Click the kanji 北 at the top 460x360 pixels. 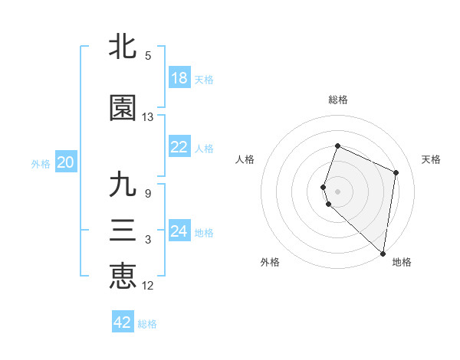(x=123, y=47)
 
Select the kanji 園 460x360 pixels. (x=123, y=109)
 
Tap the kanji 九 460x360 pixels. (x=123, y=185)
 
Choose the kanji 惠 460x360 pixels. (x=123, y=276)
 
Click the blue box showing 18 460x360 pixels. (x=179, y=78)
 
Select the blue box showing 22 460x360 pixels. (x=179, y=147)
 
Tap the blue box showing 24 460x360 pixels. (x=179, y=231)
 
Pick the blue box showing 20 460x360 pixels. (x=66, y=162)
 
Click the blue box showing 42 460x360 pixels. (x=123, y=322)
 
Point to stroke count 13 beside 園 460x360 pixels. (x=148, y=117)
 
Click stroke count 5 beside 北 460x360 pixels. (x=148, y=56)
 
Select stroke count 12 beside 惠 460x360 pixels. (x=148, y=286)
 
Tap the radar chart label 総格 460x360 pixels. (x=338, y=100)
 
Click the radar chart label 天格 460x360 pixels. (x=431, y=159)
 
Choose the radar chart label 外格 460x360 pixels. (x=270, y=262)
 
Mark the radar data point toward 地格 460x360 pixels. (x=383, y=254)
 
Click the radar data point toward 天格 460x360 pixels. (x=396, y=172)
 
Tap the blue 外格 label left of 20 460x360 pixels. (x=41, y=163)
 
